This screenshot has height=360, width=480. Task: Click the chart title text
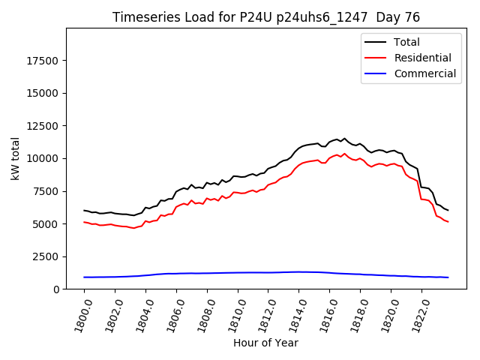pos(266,17)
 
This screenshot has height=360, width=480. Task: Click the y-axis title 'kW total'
pos(16,158)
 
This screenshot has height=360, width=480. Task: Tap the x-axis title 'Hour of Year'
pos(265,343)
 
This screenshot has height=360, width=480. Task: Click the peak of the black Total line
pos(345,139)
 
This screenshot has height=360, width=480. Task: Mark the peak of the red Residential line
pos(345,154)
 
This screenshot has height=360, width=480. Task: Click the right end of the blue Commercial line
pos(448,277)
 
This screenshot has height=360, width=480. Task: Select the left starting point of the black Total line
pos(84,210)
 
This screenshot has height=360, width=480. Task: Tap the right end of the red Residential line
pos(448,221)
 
